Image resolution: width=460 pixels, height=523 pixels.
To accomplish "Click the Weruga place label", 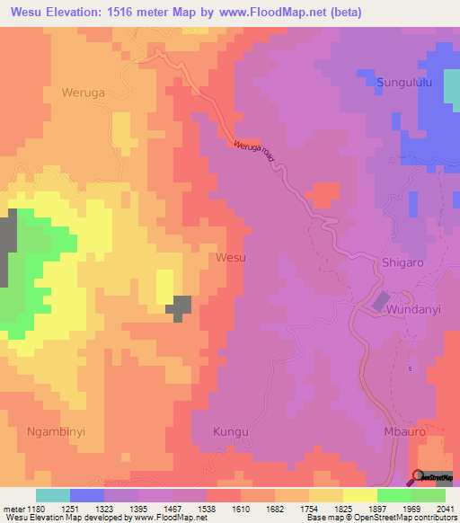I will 84,92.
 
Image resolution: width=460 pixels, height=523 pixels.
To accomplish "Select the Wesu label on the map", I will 231,257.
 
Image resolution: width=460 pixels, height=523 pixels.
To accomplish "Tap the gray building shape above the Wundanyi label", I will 381,303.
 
